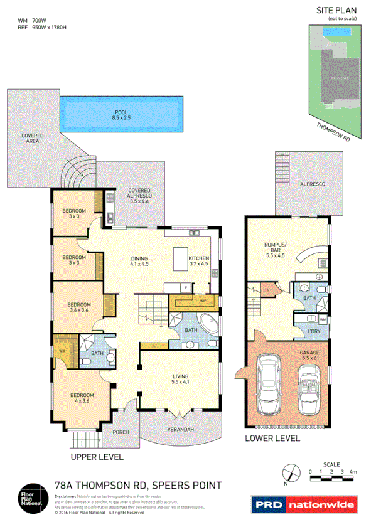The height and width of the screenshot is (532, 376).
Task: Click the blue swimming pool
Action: (x=122, y=115)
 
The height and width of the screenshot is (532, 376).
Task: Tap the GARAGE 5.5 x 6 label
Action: (x=309, y=356)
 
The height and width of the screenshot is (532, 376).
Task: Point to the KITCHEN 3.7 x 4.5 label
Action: (x=199, y=261)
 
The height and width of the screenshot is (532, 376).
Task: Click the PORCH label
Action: (x=121, y=432)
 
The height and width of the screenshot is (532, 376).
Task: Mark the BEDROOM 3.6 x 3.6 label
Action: (x=80, y=309)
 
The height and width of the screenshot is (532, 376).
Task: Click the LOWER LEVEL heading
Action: (x=272, y=439)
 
